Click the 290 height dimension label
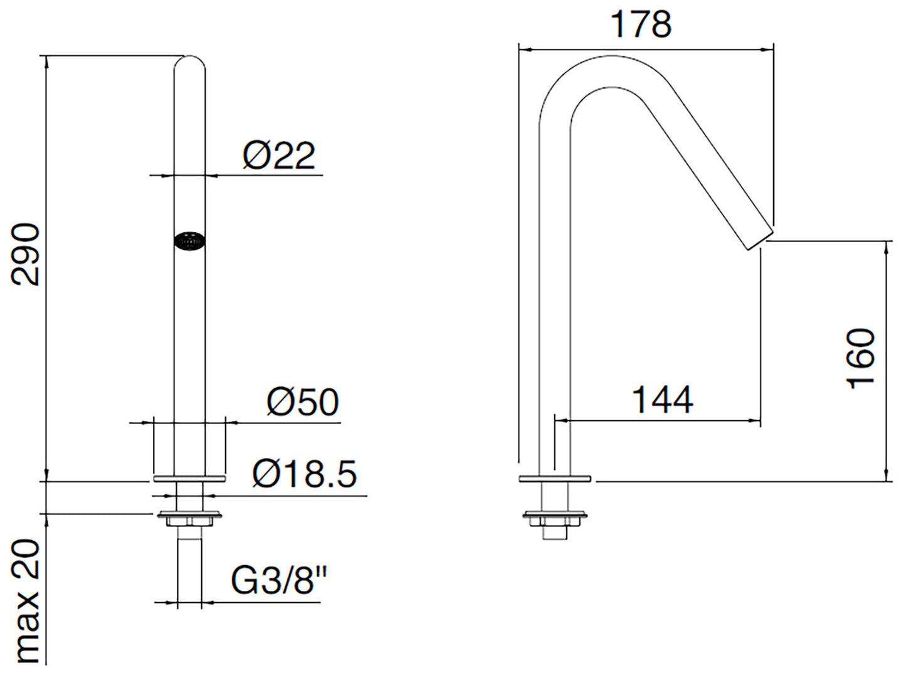coord(25,254)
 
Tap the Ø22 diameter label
coord(279,156)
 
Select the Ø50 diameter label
coord(303,402)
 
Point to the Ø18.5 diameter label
coord(304,474)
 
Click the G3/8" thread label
coord(280,580)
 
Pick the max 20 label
coord(25,607)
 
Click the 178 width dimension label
coord(641,24)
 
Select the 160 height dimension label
coord(860,359)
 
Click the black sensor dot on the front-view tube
coord(189,242)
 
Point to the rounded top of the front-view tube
coord(189,61)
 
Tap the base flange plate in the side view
coord(555,479)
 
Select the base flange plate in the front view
coord(189,479)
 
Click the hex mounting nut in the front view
coord(189,521)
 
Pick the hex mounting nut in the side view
coord(555,521)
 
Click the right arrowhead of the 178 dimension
coord(768,50)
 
